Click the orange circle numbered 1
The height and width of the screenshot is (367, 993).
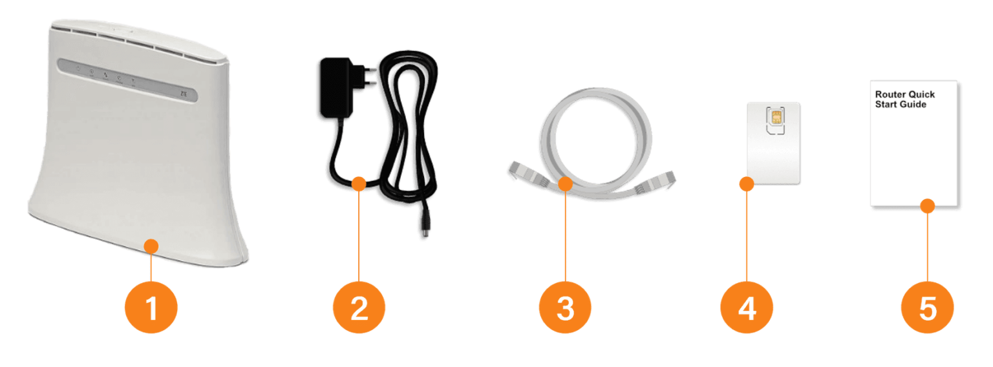pyautogui.click(x=151, y=307)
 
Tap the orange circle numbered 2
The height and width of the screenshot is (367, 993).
pyautogui.click(x=359, y=307)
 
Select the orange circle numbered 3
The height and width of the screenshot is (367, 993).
pyautogui.click(x=565, y=307)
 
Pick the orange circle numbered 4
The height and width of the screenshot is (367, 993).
pyautogui.click(x=747, y=307)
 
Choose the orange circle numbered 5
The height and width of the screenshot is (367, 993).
pyautogui.click(x=928, y=307)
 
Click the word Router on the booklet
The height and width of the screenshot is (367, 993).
pyautogui.click(x=890, y=94)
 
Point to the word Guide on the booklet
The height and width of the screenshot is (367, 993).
pyautogui.click(x=913, y=105)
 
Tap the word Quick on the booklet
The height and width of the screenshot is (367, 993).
pyautogui.click(x=922, y=94)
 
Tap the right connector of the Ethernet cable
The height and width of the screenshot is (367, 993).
pyautogui.click(x=656, y=182)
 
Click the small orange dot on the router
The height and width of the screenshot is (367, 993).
pyautogui.click(x=151, y=246)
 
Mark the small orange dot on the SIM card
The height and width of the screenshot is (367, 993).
pyautogui.click(x=747, y=184)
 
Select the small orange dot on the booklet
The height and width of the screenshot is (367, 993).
pyautogui.click(x=928, y=205)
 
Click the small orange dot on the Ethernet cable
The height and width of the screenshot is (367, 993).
pyautogui.click(x=565, y=184)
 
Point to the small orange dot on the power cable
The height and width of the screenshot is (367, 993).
pyautogui.click(x=359, y=184)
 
